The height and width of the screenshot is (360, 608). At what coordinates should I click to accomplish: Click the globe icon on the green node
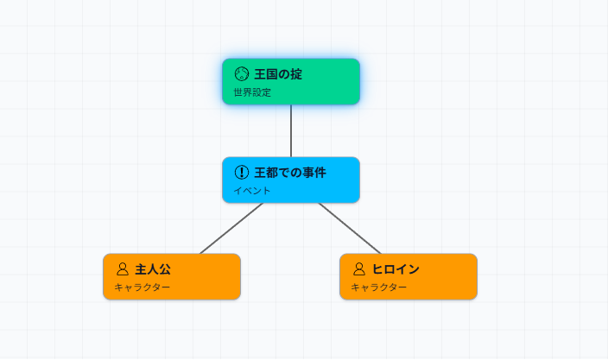click(242, 74)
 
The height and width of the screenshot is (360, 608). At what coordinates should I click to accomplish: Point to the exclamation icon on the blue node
click(242, 173)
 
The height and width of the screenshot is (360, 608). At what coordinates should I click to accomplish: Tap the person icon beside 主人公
click(123, 269)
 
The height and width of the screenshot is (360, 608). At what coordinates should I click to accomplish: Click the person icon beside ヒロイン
click(359, 269)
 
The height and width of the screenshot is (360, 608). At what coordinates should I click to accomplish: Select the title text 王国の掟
click(278, 74)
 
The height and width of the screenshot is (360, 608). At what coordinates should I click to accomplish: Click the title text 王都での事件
click(290, 173)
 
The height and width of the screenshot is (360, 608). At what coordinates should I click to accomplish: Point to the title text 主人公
click(153, 269)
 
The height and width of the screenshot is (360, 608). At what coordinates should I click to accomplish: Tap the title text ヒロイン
click(396, 269)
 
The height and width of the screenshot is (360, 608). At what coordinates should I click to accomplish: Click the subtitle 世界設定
click(252, 92)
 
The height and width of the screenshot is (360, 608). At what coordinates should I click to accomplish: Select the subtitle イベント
click(252, 191)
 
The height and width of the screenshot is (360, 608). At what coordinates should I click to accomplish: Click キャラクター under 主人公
click(142, 287)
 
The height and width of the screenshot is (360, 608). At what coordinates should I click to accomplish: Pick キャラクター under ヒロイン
click(379, 287)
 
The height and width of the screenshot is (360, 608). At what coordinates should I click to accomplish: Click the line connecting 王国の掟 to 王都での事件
click(291, 130)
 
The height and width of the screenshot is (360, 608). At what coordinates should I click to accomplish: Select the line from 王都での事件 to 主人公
click(231, 228)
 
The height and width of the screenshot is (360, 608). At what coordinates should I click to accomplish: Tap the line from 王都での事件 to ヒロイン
click(350, 228)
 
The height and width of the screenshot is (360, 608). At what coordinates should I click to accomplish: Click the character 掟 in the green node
click(296, 74)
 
